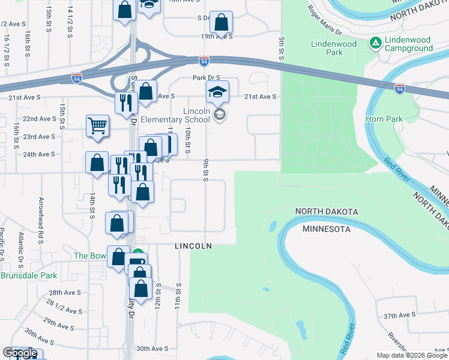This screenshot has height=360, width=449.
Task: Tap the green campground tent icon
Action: click(x=376, y=43)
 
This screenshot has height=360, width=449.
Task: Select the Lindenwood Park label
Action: click(x=334, y=48)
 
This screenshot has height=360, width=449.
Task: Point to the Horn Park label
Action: click(x=384, y=119)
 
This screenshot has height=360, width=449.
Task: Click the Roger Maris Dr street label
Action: click(x=324, y=20)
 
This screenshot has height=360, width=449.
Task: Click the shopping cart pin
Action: click(x=97, y=126)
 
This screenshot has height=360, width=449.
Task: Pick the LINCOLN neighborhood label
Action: click(x=193, y=246)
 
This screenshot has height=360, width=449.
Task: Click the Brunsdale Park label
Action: click(x=28, y=276)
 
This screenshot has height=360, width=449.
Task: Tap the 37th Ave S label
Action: click(x=400, y=315)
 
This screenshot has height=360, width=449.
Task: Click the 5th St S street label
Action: click(x=280, y=48)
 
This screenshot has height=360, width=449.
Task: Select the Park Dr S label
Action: click(x=206, y=77)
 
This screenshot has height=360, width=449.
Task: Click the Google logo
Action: click(x=20, y=353)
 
